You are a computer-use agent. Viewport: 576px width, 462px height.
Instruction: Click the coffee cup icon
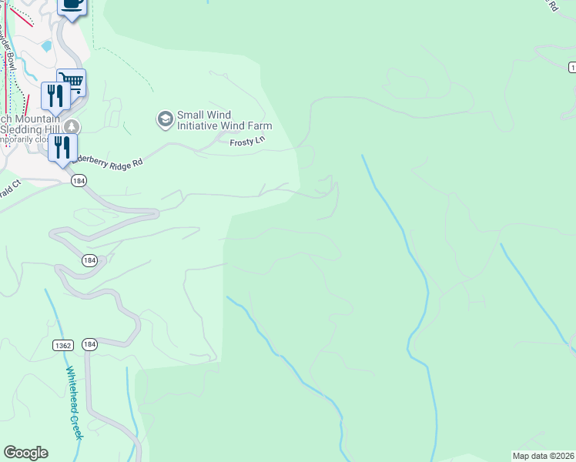coord(72,5)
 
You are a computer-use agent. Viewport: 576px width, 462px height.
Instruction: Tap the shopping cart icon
coord(72,81)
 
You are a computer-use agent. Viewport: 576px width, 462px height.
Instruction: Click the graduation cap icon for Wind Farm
coord(164,119)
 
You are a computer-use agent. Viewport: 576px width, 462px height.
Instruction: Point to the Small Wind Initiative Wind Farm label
coord(224,120)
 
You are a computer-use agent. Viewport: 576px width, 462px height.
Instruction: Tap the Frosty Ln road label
coord(246,142)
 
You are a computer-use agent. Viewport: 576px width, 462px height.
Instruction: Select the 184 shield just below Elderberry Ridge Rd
coord(78,180)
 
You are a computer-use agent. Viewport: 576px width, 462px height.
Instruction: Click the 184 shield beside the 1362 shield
coord(89,344)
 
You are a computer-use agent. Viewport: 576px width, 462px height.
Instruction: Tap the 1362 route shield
coord(63,346)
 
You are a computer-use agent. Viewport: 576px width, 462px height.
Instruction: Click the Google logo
coord(25,453)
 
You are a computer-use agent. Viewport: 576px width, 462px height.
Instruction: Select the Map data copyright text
coord(542,456)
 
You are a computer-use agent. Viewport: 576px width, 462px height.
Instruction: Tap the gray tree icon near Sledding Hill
coord(71,126)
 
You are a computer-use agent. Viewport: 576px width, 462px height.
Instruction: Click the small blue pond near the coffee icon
coord(47,45)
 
